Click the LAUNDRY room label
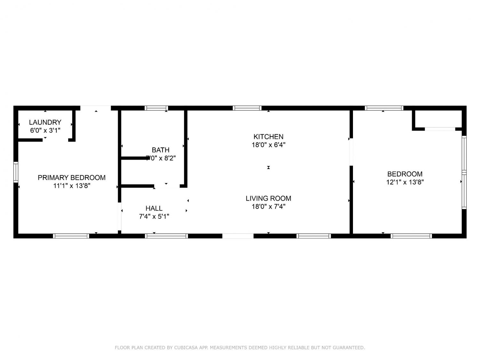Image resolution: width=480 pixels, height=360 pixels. (45, 122)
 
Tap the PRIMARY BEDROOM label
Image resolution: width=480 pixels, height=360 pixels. (71, 178)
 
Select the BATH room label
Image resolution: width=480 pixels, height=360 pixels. (161, 150)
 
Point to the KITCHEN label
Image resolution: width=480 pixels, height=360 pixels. (268, 137)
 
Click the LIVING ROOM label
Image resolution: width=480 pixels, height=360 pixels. (268, 198)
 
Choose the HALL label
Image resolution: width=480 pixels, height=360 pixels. (154, 208)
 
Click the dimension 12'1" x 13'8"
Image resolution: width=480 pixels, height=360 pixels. (405, 182)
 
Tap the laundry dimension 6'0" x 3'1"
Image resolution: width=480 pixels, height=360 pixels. (45, 131)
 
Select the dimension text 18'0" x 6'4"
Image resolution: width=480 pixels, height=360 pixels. (268, 145)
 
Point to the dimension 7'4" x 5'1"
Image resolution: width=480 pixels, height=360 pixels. (154, 216)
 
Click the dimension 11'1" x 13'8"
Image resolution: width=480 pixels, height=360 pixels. (71, 186)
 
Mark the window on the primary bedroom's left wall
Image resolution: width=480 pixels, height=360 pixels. (16, 172)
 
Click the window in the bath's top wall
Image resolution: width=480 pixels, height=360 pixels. (156, 108)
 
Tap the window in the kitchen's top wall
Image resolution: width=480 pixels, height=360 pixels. (247, 108)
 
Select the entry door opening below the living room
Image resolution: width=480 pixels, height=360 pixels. (238, 236)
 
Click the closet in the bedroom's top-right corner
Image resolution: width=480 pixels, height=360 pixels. (437, 120)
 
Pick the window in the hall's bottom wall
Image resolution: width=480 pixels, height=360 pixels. (166, 236)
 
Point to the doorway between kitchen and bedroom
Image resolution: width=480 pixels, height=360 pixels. (351, 152)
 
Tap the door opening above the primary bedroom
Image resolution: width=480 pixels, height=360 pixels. (96, 108)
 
